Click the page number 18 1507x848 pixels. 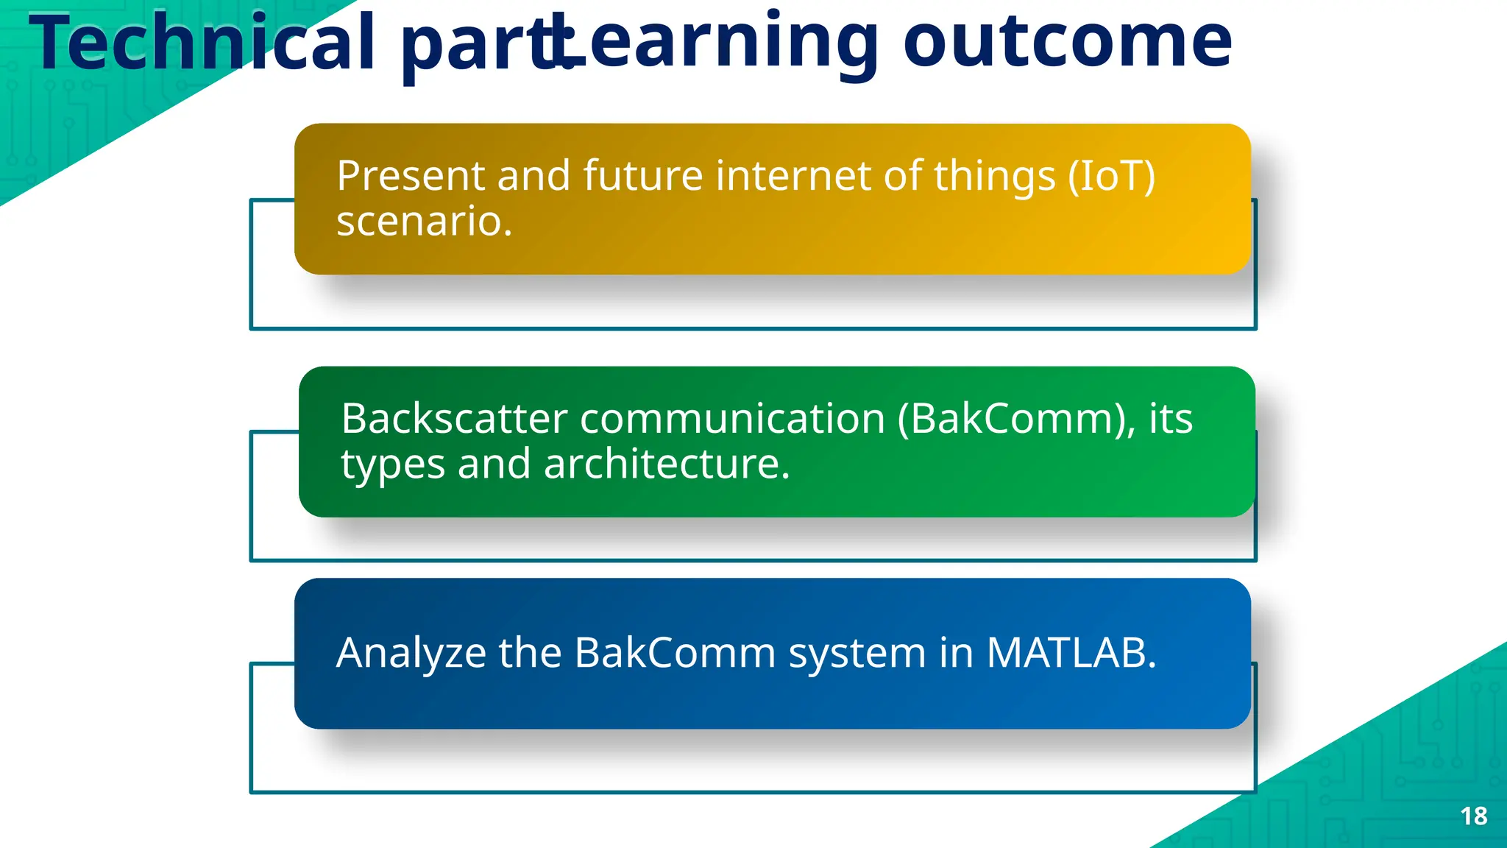[x=1473, y=816]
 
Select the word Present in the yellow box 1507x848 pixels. [x=411, y=177]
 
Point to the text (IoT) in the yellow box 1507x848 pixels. [x=1111, y=177]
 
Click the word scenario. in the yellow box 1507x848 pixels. [x=424, y=221]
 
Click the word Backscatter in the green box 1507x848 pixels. [x=454, y=419]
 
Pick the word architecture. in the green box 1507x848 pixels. [x=667, y=464]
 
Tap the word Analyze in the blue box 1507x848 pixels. [x=411, y=653]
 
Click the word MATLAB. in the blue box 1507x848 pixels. [x=1071, y=652]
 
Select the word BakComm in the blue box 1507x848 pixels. [x=675, y=652]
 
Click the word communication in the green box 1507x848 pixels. [x=732, y=419]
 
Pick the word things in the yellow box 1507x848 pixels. [x=994, y=177]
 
